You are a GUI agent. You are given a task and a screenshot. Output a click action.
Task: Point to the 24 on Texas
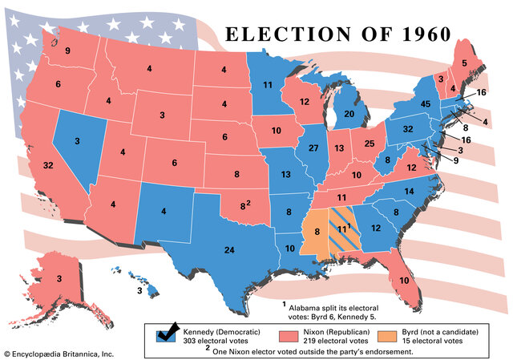click(228, 249)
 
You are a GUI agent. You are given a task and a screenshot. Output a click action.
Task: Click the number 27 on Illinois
click(313, 148)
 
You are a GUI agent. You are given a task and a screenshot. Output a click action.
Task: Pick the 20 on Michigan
click(349, 114)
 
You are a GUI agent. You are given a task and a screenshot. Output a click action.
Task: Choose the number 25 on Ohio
click(369, 144)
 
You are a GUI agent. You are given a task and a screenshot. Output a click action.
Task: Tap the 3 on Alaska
click(59, 278)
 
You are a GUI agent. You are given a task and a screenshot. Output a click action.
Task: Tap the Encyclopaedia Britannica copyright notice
click(60, 353)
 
